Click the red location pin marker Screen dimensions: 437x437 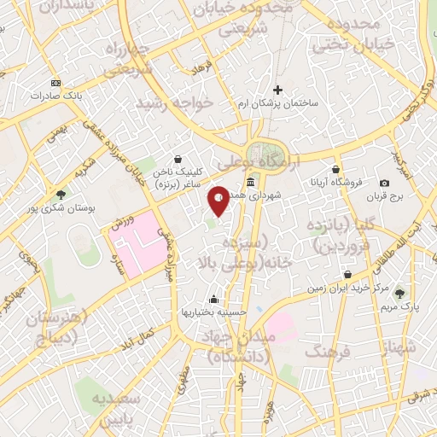point(218,200)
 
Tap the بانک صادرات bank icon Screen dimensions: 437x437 point(56,83)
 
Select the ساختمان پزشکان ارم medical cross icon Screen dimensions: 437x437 point(277,89)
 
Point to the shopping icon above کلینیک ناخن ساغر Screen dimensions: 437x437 point(178,159)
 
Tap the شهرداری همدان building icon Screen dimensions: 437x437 point(251,183)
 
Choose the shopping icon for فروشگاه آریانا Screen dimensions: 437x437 point(336,169)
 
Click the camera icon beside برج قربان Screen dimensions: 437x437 point(384,183)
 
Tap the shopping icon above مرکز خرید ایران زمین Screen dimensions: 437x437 point(348,274)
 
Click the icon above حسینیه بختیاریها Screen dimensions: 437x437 point(213,300)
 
